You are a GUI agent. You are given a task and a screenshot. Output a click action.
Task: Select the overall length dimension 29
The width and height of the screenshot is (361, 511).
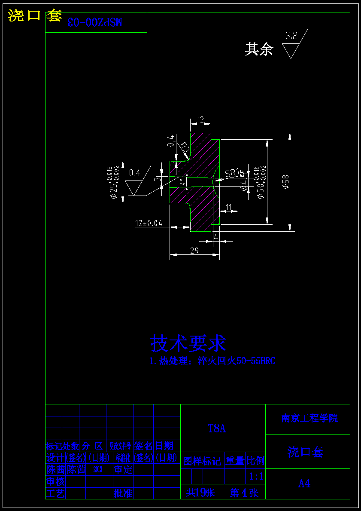(x=194, y=251)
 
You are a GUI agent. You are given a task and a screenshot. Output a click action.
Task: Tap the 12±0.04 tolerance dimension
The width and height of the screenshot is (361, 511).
(x=149, y=223)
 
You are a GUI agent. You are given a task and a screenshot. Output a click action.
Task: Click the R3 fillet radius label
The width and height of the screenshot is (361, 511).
(x=184, y=148)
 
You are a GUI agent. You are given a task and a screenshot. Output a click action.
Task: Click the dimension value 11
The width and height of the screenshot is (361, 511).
(x=228, y=208)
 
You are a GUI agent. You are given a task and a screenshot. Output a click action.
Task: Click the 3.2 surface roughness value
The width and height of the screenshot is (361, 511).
(x=291, y=36)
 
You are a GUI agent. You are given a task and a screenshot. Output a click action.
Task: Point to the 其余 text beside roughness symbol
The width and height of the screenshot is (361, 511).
(x=259, y=49)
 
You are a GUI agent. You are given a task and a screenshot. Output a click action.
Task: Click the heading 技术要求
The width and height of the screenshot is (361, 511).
(x=188, y=343)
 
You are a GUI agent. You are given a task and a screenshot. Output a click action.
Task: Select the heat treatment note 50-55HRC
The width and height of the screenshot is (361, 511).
(x=212, y=361)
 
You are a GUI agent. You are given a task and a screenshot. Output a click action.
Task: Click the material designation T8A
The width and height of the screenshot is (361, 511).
(x=217, y=428)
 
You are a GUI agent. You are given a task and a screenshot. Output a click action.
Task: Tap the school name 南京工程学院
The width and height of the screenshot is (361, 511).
(x=309, y=418)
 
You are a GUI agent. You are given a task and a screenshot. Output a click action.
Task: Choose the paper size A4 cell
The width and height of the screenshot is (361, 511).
(x=304, y=483)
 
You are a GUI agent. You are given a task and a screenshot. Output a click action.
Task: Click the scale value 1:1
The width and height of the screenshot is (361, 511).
(x=256, y=477)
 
